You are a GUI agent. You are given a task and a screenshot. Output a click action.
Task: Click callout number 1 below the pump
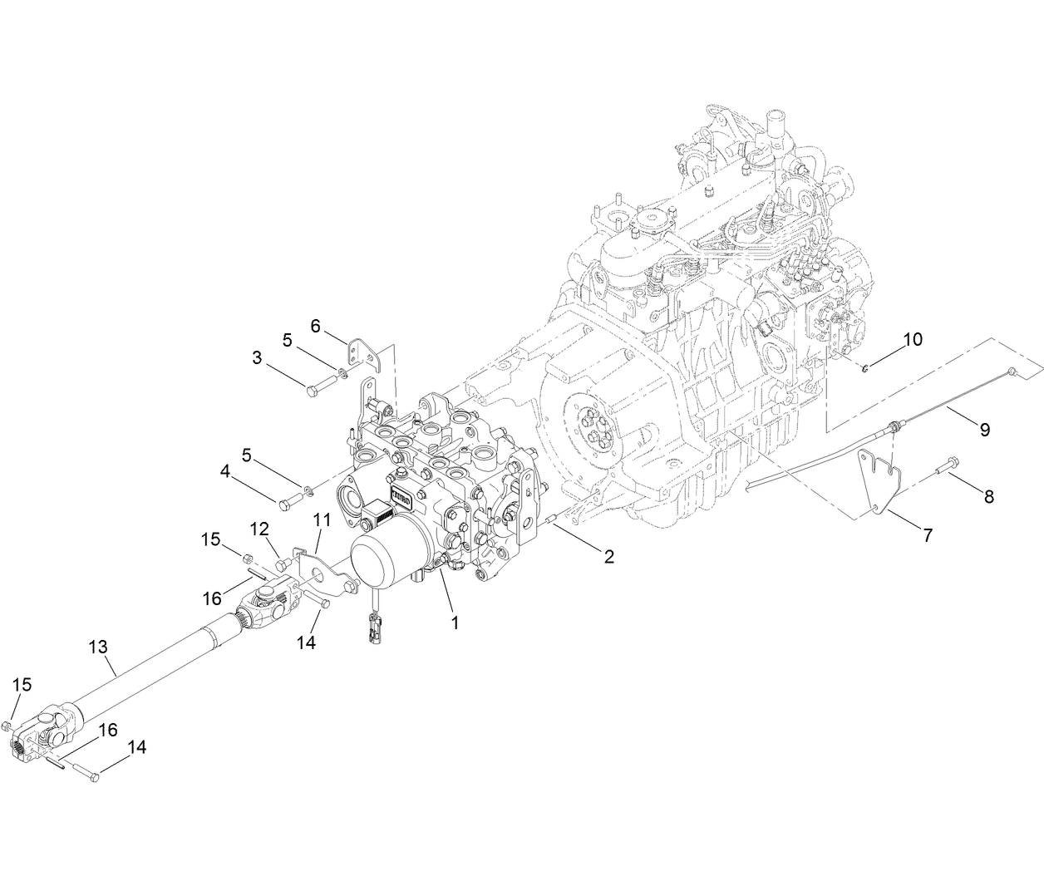coord(455,621)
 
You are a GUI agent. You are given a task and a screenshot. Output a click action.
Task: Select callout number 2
coord(608,557)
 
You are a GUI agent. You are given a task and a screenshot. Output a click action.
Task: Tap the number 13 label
coord(98,645)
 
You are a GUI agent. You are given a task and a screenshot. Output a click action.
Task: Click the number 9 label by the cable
coord(984,429)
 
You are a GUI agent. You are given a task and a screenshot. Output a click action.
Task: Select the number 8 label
coord(988,497)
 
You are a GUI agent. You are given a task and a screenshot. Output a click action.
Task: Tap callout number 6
coord(315,326)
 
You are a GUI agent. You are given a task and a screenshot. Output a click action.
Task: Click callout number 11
coord(322,520)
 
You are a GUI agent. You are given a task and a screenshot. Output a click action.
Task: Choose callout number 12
coord(259,528)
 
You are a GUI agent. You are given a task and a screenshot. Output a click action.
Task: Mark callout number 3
coord(257,358)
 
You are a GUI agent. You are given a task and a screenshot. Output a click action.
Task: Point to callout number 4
coord(224,471)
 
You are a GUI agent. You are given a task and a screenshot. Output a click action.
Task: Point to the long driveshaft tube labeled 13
coord(150,670)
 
